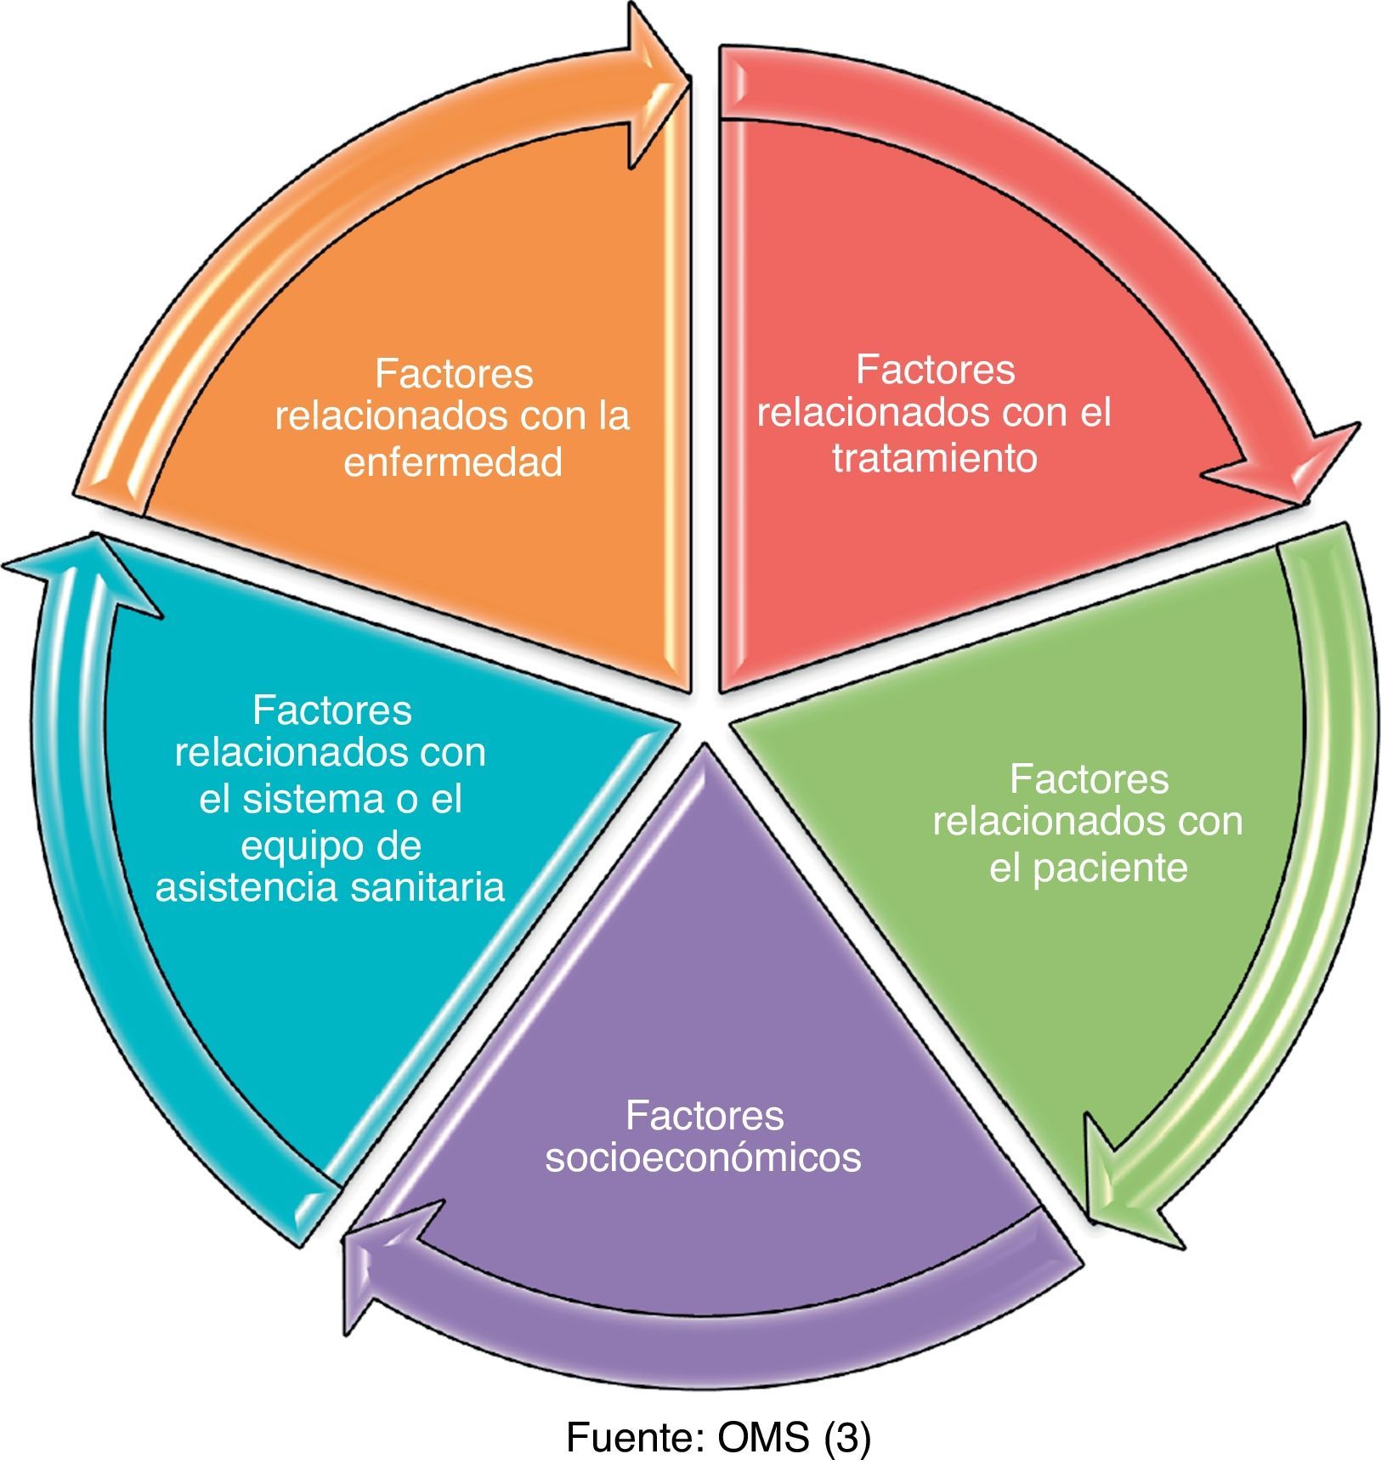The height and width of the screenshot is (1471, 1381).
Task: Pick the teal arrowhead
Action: click(81, 569)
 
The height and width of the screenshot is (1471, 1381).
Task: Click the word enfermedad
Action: click(453, 463)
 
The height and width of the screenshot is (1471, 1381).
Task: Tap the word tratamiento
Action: click(935, 459)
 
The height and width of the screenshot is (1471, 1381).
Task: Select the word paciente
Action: click(1110, 868)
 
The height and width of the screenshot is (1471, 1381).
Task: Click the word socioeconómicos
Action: click(704, 1158)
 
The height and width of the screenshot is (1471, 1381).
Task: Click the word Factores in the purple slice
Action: click(704, 1115)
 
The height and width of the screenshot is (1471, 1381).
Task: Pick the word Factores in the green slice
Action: click(1089, 779)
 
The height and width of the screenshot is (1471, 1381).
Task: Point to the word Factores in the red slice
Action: click(936, 370)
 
